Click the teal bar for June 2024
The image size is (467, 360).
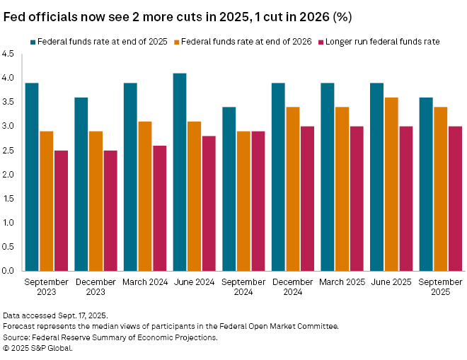click(180, 172)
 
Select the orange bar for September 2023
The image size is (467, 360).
click(46, 201)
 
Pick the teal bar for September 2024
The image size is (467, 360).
click(229, 189)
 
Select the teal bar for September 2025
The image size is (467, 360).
click(426, 184)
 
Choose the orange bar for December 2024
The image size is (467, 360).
click(292, 189)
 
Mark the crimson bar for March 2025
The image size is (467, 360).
click(356, 199)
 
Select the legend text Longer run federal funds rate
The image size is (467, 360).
click(386, 42)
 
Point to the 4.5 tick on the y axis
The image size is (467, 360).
click(8, 54)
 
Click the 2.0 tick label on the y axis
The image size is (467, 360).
click(8, 174)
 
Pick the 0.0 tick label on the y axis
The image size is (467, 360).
click(8, 271)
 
